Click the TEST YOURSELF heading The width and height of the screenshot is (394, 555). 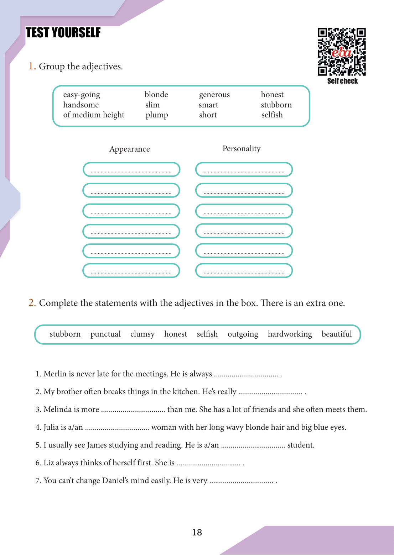click(x=63, y=33)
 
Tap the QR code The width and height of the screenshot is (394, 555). click(x=342, y=52)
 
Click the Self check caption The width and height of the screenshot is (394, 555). click(x=342, y=81)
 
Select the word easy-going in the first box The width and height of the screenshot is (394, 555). click(x=82, y=95)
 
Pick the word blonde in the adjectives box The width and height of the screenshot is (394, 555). click(x=156, y=95)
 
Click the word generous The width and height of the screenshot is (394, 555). click(x=214, y=95)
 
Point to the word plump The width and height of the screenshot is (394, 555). click(x=157, y=115)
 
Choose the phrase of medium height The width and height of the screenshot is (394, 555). click(x=94, y=115)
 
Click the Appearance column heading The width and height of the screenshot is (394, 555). click(x=129, y=149)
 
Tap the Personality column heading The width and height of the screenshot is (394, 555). click(x=242, y=149)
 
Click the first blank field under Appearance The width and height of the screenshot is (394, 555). click(x=131, y=170)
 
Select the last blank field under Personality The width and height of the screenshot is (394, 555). click(x=244, y=271)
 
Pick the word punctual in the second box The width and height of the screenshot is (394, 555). click(x=105, y=334)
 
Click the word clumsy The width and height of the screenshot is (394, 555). click(x=142, y=334)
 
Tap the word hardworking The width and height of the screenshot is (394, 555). click(x=290, y=334)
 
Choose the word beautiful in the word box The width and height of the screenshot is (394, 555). click(x=337, y=334)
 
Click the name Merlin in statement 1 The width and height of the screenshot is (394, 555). click(x=55, y=374)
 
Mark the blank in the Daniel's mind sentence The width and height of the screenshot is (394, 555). click(x=241, y=481)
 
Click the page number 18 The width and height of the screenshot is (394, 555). click(x=197, y=532)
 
